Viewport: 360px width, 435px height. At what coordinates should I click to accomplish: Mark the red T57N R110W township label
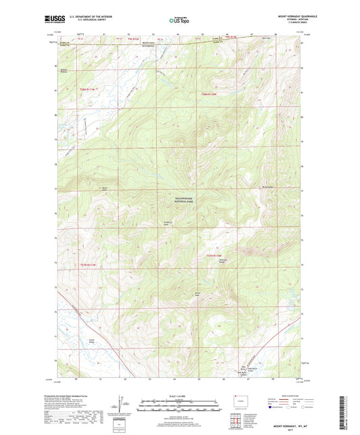point(213,255)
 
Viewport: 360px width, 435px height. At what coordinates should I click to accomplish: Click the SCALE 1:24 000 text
point(180,396)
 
